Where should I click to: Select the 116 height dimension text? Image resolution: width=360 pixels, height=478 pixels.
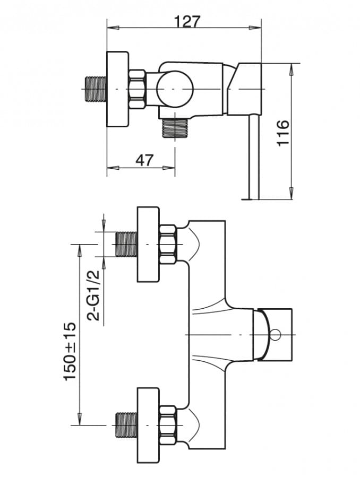click(283, 133)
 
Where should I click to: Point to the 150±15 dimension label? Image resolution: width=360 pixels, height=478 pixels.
click(71, 351)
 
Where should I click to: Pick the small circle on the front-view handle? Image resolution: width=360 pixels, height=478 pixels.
click(275, 335)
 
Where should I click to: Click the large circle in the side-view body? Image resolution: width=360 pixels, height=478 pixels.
click(175, 89)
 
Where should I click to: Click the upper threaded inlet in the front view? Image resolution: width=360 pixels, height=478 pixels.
click(126, 244)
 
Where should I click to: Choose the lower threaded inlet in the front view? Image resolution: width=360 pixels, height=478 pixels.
click(126, 424)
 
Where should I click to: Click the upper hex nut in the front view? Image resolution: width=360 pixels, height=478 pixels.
click(168, 244)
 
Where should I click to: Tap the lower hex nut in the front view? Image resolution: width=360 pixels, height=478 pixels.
click(168, 424)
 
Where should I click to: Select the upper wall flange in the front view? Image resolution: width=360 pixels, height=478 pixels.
click(148, 245)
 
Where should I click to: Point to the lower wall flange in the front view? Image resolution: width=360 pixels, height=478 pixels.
click(148, 424)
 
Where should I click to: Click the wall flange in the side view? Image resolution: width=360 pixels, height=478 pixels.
click(117, 89)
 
